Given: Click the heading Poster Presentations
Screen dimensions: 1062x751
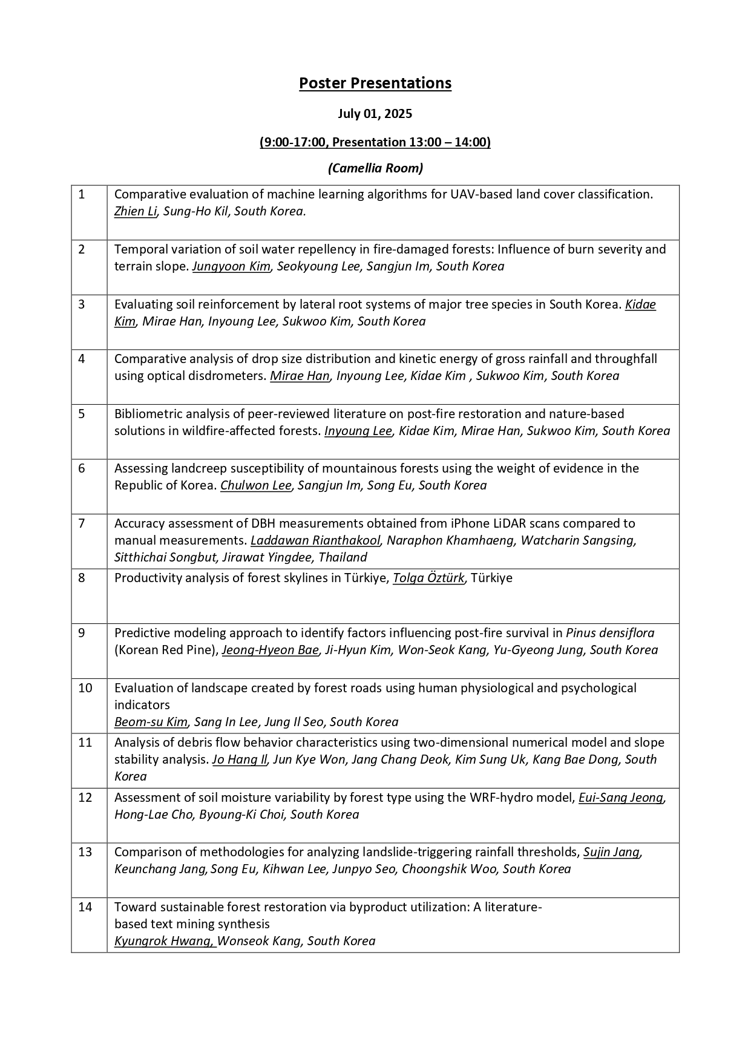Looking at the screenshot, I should [x=375, y=83].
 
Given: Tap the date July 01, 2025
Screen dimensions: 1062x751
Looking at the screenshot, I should [x=375, y=114].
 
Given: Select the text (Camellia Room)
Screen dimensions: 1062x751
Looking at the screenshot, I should [x=375, y=168].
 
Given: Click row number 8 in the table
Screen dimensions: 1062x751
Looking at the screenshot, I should [x=82, y=578].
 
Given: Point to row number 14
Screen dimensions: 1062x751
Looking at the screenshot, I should [x=85, y=907].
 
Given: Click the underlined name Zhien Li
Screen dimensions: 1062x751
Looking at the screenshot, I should [x=136, y=211].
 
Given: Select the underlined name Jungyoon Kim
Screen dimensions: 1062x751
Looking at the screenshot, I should [x=231, y=266].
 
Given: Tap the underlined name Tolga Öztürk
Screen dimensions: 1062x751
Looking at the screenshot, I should [x=428, y=578].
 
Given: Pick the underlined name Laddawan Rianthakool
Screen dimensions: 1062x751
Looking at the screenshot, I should [x=315, y=540].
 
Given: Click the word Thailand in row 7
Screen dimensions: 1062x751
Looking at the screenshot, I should [x=343, y=557].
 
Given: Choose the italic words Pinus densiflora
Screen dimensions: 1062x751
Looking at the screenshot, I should [x=610, y=633].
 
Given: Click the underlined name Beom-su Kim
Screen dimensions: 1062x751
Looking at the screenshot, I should [x=151, y=722].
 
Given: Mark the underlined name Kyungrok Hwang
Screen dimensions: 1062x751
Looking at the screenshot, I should [x=164, y=941].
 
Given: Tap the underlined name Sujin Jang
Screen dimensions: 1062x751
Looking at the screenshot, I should [x=611, y=852].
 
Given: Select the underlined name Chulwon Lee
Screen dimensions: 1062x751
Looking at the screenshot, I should [x=256, y=485].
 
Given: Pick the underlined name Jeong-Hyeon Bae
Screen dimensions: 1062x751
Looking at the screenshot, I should [x=270, y=650].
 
